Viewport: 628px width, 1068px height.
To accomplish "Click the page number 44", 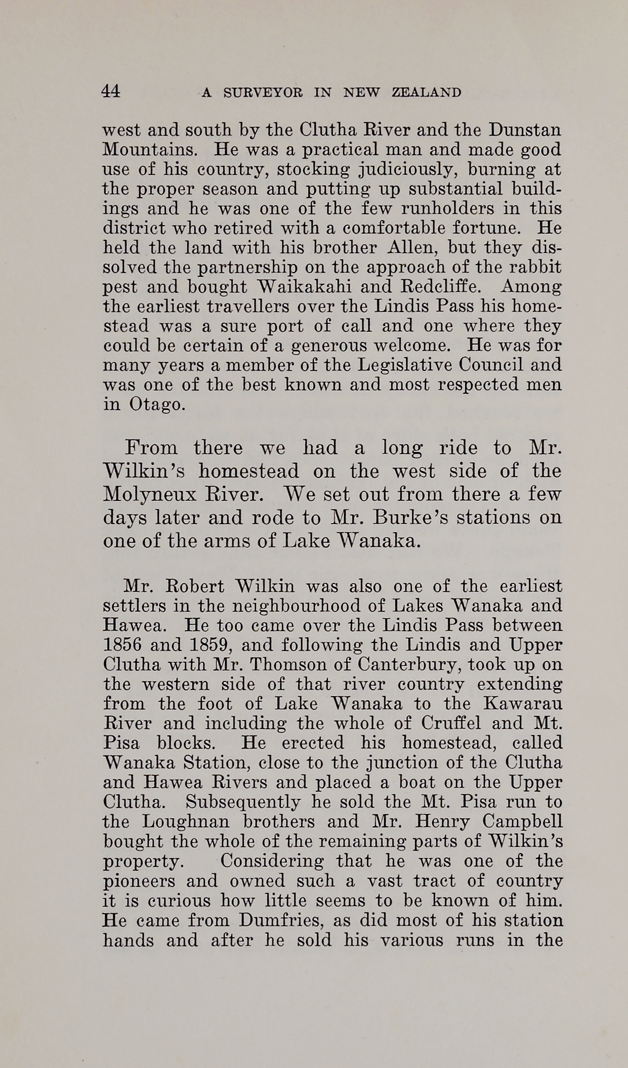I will [x=111, y=91].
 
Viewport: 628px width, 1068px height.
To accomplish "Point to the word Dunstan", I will [x=525, y=130].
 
